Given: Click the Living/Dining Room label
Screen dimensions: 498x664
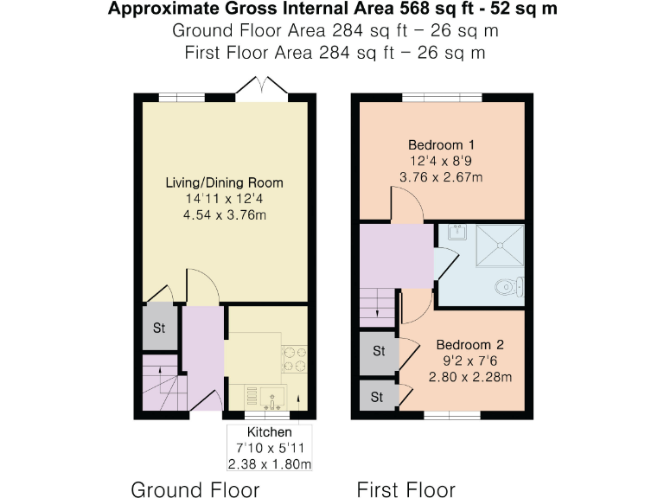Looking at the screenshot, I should pos(225,183).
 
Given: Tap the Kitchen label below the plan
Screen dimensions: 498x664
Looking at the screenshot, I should pos(270,432).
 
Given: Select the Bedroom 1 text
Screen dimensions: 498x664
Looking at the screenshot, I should pos(441,144).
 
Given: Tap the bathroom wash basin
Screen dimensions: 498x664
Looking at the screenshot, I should pos(455,233).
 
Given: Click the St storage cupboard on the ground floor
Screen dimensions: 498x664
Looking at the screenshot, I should pos(160,329).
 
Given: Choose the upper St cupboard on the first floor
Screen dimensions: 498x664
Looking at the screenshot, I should pos(379,352).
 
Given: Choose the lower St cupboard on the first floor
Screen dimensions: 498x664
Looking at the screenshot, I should pos(379,397).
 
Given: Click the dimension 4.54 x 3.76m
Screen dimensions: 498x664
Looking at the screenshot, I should pos(225,215).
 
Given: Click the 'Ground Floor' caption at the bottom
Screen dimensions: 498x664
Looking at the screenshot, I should pos(195,489).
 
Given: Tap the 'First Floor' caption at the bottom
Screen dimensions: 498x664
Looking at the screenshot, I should pos(406,489).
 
